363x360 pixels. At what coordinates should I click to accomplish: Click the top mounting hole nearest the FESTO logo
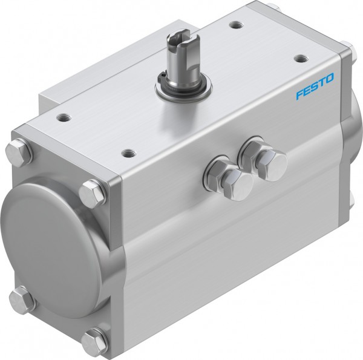301,59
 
